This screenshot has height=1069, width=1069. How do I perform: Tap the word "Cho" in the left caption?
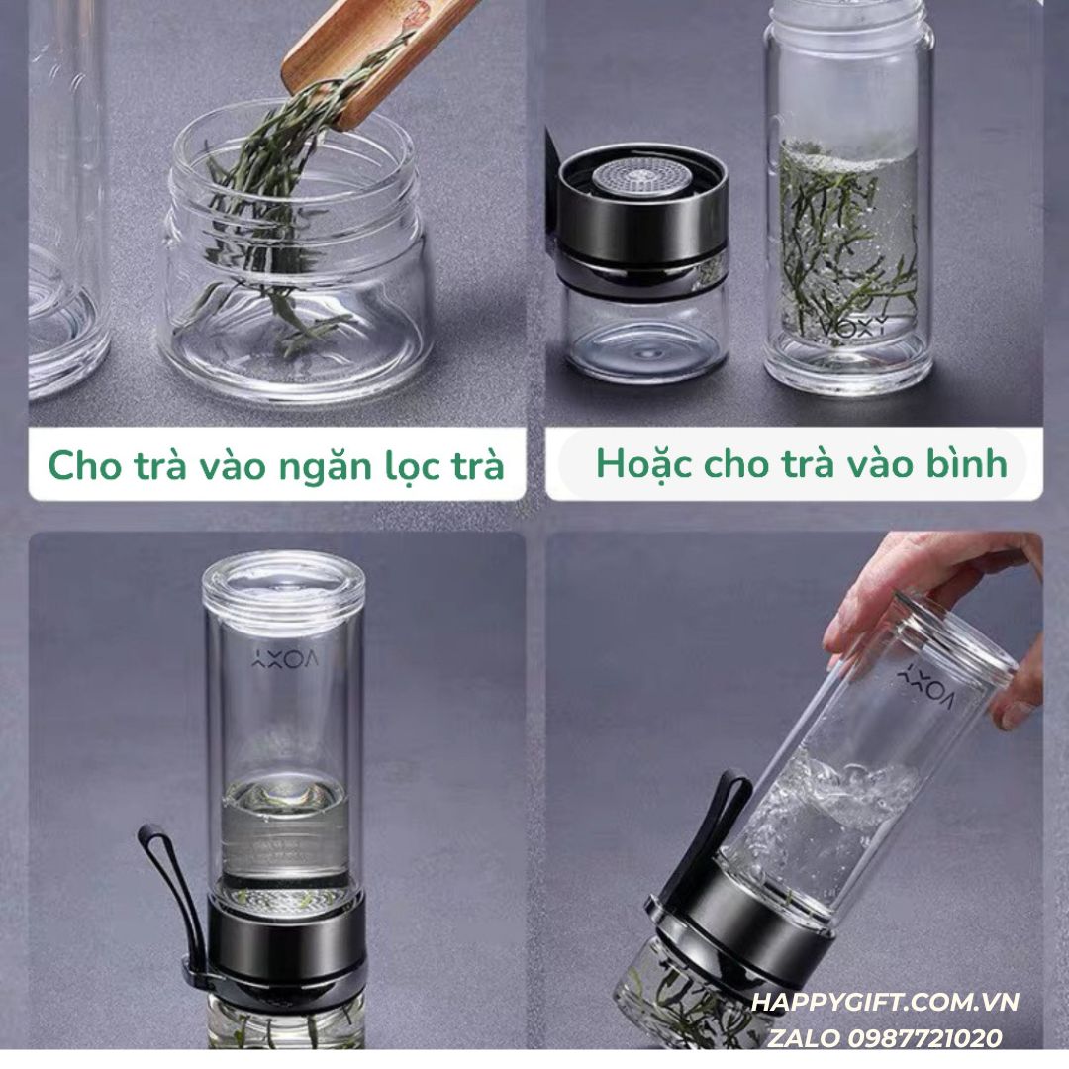click(80, 465)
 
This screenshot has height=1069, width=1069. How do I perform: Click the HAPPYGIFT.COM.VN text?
click(885, 1002)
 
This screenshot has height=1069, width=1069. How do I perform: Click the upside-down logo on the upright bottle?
click(283, 658)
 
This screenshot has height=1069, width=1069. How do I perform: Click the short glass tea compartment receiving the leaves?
click(297, 297)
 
